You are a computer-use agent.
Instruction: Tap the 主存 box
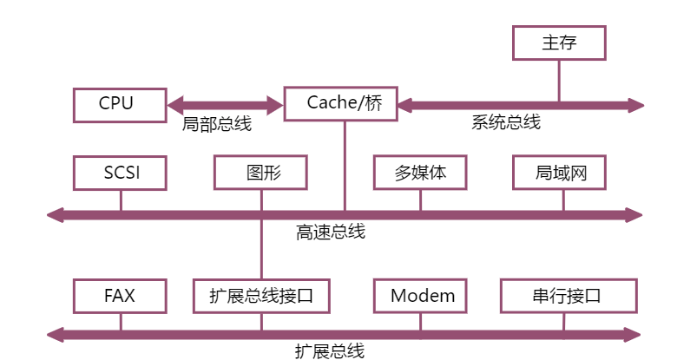pyautogui.click(x=559, y=43)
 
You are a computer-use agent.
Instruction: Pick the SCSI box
pyautogui.click(x=120, y=173)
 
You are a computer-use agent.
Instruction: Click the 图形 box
pyautogui.click(x=260, y=173)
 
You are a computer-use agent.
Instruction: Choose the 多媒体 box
pyautogui.click(x=421, y=173)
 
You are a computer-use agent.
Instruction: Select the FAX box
pyautogui.click(x=120, y=296)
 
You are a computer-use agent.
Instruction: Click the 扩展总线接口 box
pyautogui.click(x=260, y=296)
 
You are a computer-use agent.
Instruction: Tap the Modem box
pyautogui.click(x=422, y=296)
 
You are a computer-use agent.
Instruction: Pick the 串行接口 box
pyautogui.click(x=568, y=296)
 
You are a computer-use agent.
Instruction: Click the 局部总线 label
pyautogui.click(x=217, y=124)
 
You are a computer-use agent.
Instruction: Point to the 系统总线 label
pyautogui.click(x=506, y=122)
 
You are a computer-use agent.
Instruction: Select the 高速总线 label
pyautogui.click(x=330, y=232)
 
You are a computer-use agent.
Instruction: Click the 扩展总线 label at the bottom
pyautogui.click(x=329, y=350)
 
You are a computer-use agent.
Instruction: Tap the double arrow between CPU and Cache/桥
pyautogui.click(x=224, y=105)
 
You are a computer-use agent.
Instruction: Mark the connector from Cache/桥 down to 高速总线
pyautogui.click(x=345, y=165)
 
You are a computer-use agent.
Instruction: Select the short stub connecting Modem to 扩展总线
pyautogui.click(x=421, y=321)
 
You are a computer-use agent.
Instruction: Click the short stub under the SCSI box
pyautogui.click(x=121, y=200)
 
